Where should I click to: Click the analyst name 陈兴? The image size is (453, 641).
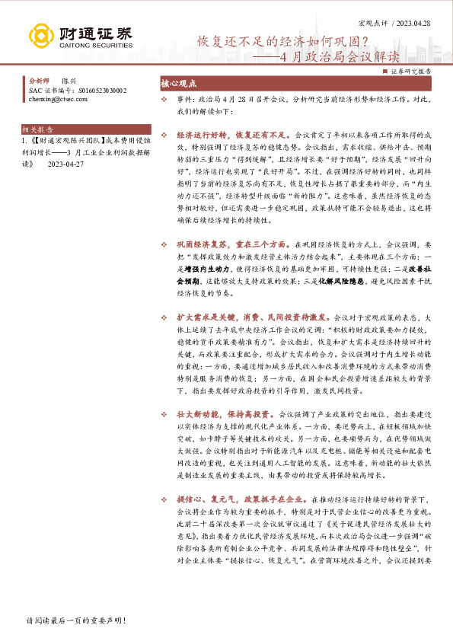tap(69, 80)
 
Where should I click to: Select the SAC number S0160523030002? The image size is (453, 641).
tap(96, 89)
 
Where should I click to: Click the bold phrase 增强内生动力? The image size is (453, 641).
tap(203, 269)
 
